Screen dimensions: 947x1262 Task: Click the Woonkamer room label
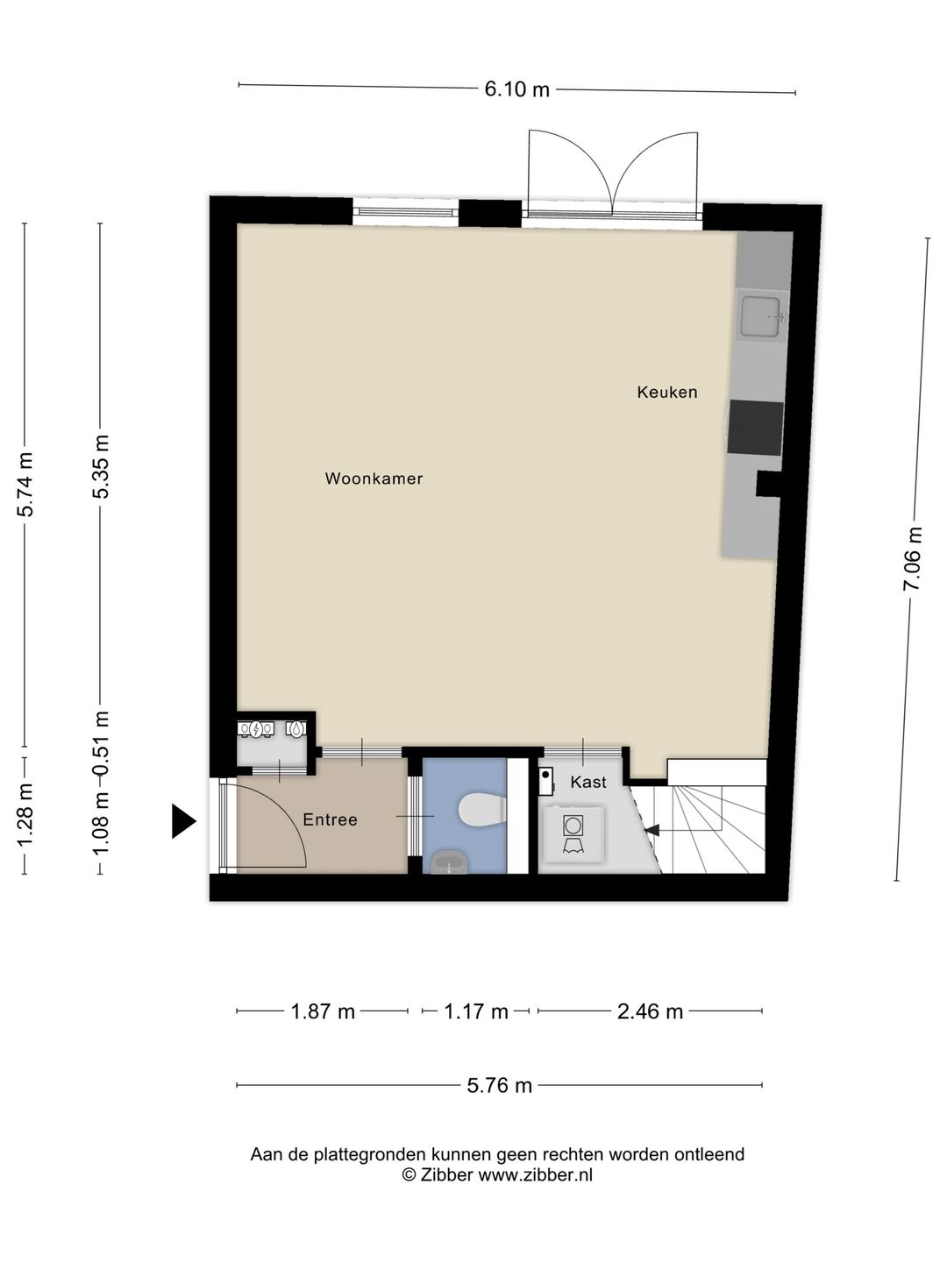coord(374,479)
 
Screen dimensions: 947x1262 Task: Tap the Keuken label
coord(667,392)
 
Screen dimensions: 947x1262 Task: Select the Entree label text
coord(330,819)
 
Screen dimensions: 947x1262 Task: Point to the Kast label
coord(588,782)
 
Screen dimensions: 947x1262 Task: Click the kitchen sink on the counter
coord(760,316)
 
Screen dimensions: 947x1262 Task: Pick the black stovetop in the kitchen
coord(755,428)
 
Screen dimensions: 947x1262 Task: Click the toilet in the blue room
coord(482,810)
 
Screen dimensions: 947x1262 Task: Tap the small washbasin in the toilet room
coord(449,862)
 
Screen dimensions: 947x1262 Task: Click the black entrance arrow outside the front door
coord(184,821)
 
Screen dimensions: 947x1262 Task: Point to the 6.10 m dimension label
coord(517,89)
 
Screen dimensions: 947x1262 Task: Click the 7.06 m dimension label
coord(913,558)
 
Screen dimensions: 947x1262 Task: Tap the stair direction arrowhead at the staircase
coord(652,830)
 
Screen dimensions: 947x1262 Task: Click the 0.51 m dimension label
coord(101,743)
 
